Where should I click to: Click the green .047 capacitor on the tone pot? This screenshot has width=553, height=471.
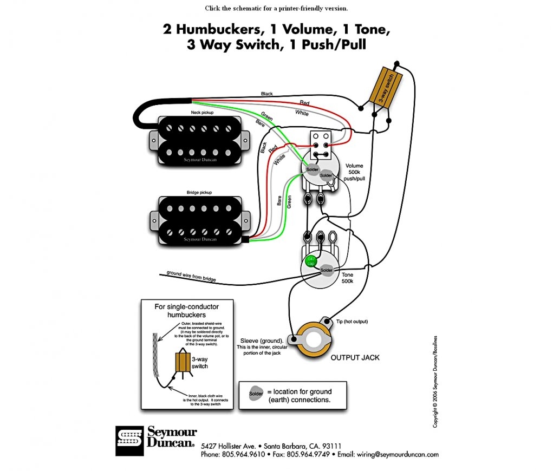pyautogui.click(x=311, y=261)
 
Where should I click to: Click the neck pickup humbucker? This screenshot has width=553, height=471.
pyautogui.click(x=199, y=140)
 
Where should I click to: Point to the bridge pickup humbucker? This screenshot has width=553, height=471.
pyautogui.click(x=199, y=219)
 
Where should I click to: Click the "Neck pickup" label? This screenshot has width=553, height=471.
pyautogui.click(x=201, y=112)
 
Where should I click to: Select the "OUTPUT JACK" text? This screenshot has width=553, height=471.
pyautogui.click(x=355, y=358)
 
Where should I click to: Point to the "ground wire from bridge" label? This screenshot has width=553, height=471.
pyautogui.click(x=191, y=276)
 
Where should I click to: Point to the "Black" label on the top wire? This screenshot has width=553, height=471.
pyautogui.click(x=267, y=94)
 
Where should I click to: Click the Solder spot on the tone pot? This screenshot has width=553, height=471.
pyautogui.click(x=326, y=270)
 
